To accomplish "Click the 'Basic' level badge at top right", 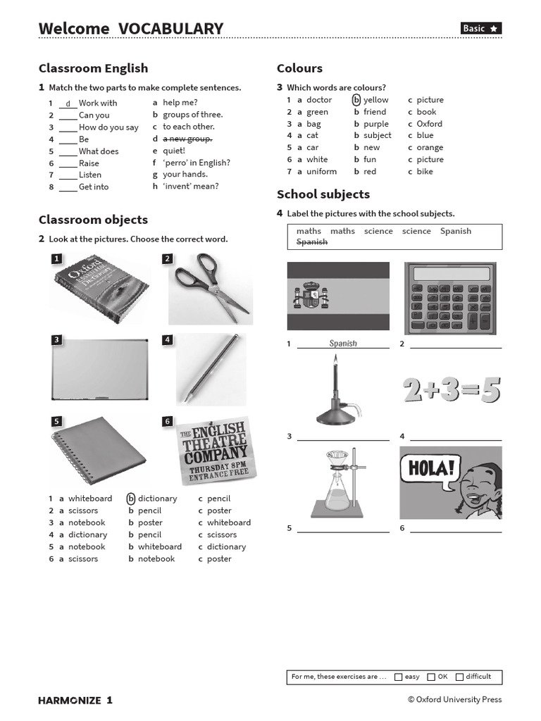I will pyautogui.click(x=481, y=28).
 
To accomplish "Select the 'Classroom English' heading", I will pyautogui.click(x=93, y=68).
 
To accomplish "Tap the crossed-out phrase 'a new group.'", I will pyautogui.click(x=187, y=139).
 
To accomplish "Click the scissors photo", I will pyautogui.click(x=211, y=289).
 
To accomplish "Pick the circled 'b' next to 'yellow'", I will pyautogui.click(x=356, y=100).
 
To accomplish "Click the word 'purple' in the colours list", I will pyautogui.click(x=376, y=124).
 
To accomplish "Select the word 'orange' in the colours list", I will pyautogui.click(x=430, y=148).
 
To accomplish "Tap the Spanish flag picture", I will pyautogui.click(x=338, y=296).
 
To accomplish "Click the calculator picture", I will pyautogui.click(x=453, y=299).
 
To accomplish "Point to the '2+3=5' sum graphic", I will pyautogui.click(x=452, y=389).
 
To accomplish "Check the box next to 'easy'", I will pyautogui.click(x=399, y=677).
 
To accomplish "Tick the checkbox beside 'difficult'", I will pyautogui.click(x=459, y=677).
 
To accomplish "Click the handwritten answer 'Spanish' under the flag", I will pyautogui.click(x=343, y=344).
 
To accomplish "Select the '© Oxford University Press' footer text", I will pyautogui.click(x=454, y=699).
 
